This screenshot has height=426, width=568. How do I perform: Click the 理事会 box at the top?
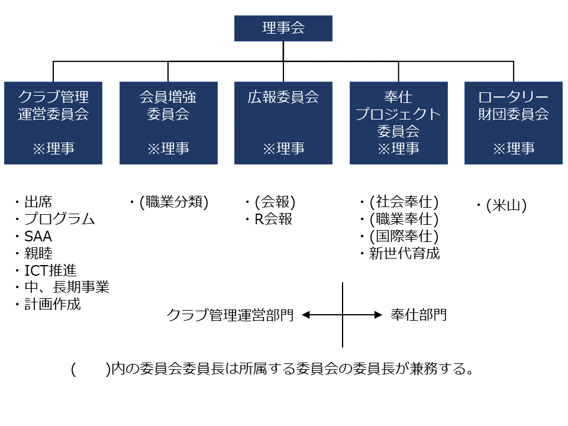click(283, 28)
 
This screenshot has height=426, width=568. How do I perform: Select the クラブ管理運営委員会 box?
click(53, 123)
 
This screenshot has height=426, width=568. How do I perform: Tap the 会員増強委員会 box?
click(169, 123)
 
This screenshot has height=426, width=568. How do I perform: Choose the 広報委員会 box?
click(283, 123)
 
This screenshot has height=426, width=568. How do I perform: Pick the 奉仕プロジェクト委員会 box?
click(398, 123)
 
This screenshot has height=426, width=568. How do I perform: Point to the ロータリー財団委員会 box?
click(514, 123)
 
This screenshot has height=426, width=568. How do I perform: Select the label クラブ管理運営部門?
click(230, 315)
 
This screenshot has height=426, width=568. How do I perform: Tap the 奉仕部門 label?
click(419, 315)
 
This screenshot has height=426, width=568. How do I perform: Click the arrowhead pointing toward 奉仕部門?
click(379, 315)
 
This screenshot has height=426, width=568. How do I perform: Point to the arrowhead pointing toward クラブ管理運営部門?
click(306, 315)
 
